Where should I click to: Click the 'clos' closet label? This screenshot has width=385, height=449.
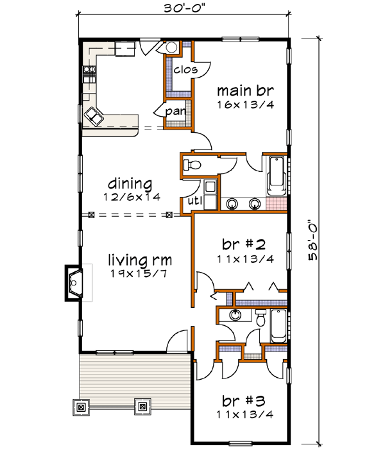click(x=184, y=69)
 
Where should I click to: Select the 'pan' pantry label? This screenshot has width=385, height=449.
click(x=175, y=112)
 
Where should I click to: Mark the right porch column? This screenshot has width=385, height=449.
click(x=142, y=405)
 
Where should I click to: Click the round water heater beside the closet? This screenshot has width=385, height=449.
click(x=172, y=48)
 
